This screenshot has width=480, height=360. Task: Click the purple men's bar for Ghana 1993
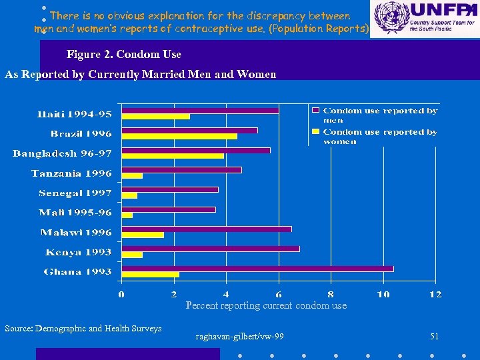tap(257, 269)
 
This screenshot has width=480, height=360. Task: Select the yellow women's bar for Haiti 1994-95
tap(155, 117)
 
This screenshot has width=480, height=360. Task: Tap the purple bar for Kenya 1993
tap(210, 249)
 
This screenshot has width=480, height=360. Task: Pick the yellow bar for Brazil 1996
tap(179, 137)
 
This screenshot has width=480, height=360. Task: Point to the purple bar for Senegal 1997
tap(169, 189)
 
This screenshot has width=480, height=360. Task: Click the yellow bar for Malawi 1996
tap(142, 235)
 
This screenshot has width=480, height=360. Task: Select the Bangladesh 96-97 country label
tap(62, 154)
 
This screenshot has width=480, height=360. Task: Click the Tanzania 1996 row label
tap(71, 174)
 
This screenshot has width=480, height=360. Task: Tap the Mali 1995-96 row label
tap(75, 213)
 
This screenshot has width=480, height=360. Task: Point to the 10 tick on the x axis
tap(383, 294)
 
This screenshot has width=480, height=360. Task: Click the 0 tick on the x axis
tap(121, 294)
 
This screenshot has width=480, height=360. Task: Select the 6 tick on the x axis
tap(279, 294)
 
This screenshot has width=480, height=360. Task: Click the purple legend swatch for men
tap(316, 111)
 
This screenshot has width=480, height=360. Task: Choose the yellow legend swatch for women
tap(316, 132)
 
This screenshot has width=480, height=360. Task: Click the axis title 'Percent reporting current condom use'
tap(266, 305)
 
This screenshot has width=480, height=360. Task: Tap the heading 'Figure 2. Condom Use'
tap(124, 55)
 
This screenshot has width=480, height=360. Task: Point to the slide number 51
tap(435, 337)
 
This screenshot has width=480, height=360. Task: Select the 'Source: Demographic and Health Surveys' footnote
tap(83, 328)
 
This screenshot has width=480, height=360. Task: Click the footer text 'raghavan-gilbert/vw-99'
tap(239, 337)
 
